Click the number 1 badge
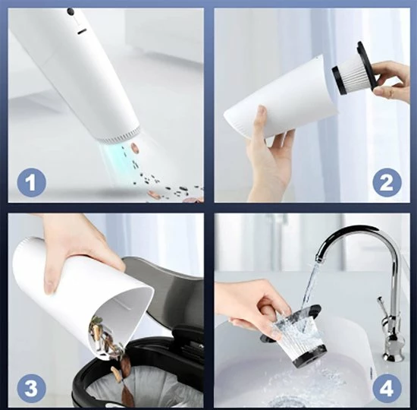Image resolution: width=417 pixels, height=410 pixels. (31, 183)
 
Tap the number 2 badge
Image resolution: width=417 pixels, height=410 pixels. (387, 183)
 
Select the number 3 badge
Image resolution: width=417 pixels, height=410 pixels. (31, 388)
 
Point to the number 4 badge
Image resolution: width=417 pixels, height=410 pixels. (387, 388)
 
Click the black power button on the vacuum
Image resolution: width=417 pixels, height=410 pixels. (71, 11)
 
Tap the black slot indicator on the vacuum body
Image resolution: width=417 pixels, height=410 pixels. (82, 32)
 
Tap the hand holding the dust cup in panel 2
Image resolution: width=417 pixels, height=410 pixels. (268, 155)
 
